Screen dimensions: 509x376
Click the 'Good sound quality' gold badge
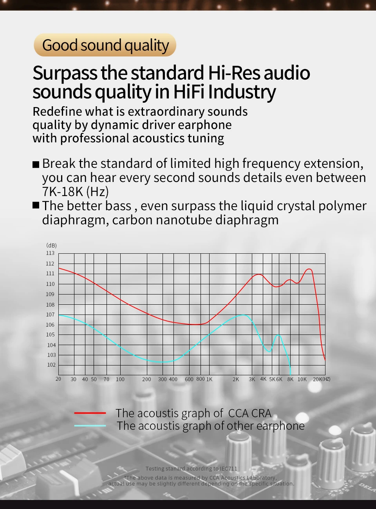[105, 45]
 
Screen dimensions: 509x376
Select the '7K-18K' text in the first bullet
[63, 191]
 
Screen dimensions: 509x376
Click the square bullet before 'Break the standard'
[36, 164]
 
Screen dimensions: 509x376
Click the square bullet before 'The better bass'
[36, 205]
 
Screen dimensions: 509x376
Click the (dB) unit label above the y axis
[51, 245]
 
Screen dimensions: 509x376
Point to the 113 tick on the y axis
[50, 253]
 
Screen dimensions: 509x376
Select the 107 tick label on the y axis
[50, 314]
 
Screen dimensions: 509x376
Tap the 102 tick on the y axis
[51, 365]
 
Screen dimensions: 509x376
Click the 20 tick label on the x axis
[58, 379]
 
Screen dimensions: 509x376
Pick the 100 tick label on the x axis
[120, 379]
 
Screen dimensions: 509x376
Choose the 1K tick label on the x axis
[209, 379]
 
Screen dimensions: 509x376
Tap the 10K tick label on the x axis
[302, 379]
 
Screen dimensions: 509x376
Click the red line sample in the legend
[90, 413]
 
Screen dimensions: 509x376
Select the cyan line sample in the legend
[90, 425]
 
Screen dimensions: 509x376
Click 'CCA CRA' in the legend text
[249, 413]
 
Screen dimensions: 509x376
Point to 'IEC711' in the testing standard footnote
[228, 468]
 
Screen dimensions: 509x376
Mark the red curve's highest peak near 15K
[309, 269]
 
